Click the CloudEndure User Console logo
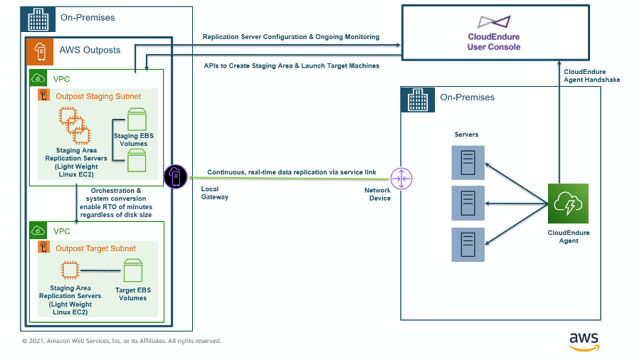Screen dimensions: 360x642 coord(493,22)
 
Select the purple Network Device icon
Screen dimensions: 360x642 coord(401,179)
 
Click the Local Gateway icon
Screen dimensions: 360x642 coord(175,176)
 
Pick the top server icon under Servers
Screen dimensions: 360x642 coord(468,162)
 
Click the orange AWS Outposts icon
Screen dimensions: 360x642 coord(41,51)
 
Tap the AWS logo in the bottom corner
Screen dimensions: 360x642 coord(584,340)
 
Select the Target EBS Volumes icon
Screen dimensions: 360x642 coord(133,271)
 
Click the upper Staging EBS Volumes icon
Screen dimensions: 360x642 coord(137,120)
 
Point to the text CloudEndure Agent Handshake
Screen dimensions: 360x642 coord(591,75)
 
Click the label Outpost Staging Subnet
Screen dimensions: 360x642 coord(98,96)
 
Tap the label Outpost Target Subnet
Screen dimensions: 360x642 coord(95,248)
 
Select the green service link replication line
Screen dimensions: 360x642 coord(285,179)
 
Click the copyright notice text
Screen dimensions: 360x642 coord(121,341)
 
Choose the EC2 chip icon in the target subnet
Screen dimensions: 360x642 coord(69,270)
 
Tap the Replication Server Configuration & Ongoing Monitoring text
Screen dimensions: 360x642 coord(291,37)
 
